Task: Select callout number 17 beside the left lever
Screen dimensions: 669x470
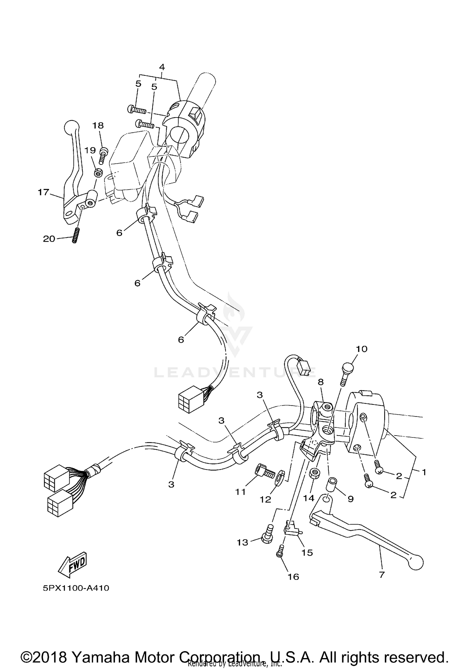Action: point(44,192)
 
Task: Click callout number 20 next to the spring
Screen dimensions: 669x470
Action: point(49,239)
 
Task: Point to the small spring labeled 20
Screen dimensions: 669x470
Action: point(75,235)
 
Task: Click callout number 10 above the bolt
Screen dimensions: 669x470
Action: point(362,349)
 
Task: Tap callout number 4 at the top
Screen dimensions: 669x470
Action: point(162,67)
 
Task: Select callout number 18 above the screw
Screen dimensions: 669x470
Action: point(98,126)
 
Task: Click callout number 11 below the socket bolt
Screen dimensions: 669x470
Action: point(241,492)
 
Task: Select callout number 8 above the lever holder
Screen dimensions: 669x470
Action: point(321,382)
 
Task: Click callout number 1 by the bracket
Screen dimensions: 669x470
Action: point(424,472)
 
